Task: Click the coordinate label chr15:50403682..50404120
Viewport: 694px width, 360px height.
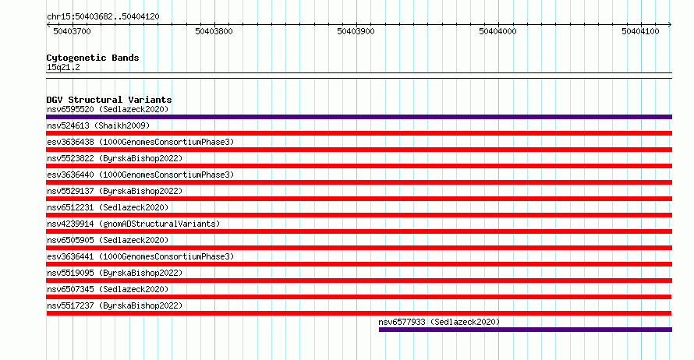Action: tap(103, 17)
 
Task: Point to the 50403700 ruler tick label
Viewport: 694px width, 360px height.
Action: tap(73, 31)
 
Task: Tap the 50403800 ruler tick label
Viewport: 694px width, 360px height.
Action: tap(214, 31)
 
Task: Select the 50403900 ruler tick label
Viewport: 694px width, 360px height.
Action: tap(356, 31)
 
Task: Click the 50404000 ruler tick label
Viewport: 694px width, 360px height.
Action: tap(498, 31)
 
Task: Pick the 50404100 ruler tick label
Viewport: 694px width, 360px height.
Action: tap(640, 31)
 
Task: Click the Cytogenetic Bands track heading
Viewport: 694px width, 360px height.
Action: tap(93, 58)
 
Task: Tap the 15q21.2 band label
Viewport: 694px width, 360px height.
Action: tap(63, 67)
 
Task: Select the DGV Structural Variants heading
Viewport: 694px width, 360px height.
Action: tap(109, 100)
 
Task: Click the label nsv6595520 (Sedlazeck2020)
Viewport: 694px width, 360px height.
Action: tap(108, 109)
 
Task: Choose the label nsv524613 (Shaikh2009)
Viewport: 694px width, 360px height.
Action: tap(98, 125)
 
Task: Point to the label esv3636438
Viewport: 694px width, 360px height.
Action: tap(70, 142)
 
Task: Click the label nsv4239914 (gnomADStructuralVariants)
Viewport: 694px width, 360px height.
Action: tap(133, 224)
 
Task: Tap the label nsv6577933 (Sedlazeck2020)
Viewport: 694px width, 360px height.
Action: tap(439, 322)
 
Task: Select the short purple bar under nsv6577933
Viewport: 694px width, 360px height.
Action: tap(526, 330)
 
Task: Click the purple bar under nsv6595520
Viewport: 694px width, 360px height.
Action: tap(359, 117)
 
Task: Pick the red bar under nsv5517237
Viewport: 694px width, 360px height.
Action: tap(359, 313)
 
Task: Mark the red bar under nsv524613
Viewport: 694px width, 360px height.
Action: tap(359, 133)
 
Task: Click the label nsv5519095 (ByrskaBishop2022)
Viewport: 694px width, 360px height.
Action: tap(115, 273)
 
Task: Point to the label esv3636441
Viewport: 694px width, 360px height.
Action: tap(70, 256)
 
